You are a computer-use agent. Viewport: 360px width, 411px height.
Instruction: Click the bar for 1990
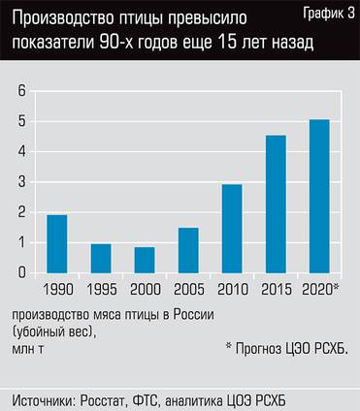pos(56,244)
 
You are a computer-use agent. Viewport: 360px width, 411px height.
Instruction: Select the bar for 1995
pos(100,259)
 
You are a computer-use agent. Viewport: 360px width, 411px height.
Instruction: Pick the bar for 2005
pos(188,251)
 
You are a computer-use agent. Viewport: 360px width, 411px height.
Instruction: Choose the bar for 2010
pos(232,229)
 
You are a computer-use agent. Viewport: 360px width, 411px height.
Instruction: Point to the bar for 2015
pos(276,205)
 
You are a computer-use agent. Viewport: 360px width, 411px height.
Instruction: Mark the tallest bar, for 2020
pos(319,197)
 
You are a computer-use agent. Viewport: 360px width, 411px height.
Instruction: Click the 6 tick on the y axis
pos(20,91)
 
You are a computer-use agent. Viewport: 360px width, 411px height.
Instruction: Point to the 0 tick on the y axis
pos(20,273)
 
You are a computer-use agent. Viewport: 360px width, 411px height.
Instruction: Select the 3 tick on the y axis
pos(20,182)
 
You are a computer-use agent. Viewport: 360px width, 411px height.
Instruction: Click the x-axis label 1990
pos(56,289)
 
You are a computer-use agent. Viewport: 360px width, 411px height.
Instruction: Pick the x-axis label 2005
pos(188,289)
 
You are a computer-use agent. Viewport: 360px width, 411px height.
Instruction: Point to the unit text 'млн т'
pos(28,348)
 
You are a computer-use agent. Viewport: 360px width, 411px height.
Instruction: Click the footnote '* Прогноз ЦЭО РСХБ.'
pos(285,348)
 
